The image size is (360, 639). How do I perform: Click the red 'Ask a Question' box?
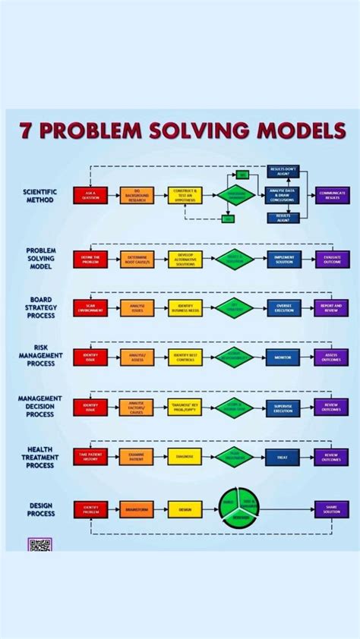click(x=90, y=195)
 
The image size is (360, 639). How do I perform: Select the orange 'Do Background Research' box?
click(x=137, y=195)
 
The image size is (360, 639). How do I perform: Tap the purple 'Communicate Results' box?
click(x=332, y=195)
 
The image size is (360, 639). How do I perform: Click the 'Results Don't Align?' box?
click(x=283, y=172)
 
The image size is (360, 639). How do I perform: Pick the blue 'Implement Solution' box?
click(x=283, y=260)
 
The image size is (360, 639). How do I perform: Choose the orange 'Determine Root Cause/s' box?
click(x=137, y=260)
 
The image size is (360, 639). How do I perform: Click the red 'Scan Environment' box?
click(x=90, y=308)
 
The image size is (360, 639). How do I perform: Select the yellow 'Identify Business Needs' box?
click(x=185, y=308)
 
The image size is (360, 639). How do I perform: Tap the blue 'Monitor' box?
click(x=283, y=357)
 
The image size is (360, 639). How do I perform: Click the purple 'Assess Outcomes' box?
click(x=332, y=357)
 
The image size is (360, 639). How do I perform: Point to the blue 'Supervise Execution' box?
click(x=283, y=407)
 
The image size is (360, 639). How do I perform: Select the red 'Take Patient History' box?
click(x=90, y=456)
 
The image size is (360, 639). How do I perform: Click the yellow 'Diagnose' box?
click(x=185, y=456)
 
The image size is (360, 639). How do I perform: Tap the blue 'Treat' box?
click(x=283, y=456)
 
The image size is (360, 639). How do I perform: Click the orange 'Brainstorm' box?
click(x=137, y=509)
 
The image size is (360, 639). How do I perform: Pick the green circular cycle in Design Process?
click(x=239, y=508)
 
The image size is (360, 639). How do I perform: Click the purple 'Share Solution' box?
click(x=332, y=509)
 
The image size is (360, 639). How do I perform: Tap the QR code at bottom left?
click(x=39, y=544)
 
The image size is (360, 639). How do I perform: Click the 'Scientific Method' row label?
click(x=39, y=196)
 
